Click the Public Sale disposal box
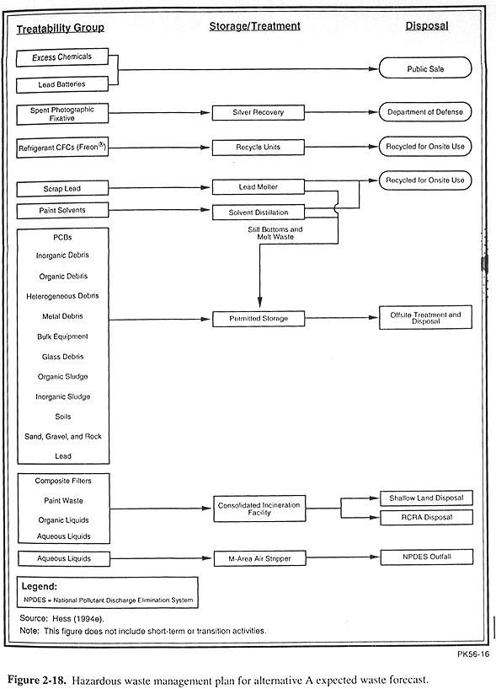(425, 68)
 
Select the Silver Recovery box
(258, 112)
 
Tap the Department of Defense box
(425, 112)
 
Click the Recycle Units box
(258, 148)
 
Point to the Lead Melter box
(258, 186)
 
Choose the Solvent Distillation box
(258, 213)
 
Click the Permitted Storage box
(259, 319)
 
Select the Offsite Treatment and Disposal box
(425, 317)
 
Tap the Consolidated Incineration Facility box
(259, 509)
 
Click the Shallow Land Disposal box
(426, 498)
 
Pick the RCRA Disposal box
(426, 517)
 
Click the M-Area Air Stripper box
(259, 558)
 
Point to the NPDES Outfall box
(426, 557)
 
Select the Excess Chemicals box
(61, 57)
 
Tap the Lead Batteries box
(61, 84)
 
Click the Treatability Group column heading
(61, 29)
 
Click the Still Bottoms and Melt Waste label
(275, 233)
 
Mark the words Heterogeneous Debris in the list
(62, 296)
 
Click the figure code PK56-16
(473, 654)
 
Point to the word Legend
(39, 586)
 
